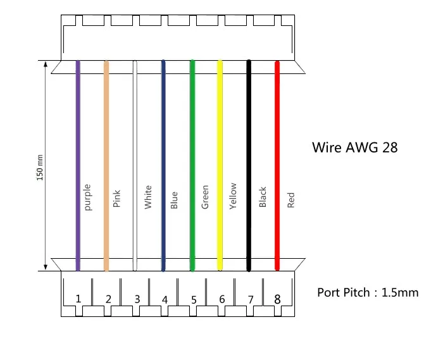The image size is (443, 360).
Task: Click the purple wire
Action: [x=78, y=166]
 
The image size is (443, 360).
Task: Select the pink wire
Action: [x=106, y=166]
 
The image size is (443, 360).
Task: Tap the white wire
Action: [x=135, y=166]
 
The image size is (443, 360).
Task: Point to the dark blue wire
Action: [x=163, y=166]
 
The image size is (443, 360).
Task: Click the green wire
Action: [x=192, y=166]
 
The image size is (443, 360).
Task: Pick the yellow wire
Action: [x=220, y=166]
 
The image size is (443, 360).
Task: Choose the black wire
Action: [x=249, y=166]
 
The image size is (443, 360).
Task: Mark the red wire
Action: [x=277, y=166]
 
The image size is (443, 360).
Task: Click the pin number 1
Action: [x=78, y=299]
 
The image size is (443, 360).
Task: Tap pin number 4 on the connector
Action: [x=165, y=299]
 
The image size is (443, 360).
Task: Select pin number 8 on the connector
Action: [x=277, y=299]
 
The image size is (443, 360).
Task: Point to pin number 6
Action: [x=222, y=299]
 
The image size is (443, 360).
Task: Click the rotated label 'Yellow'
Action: [x=233, y=196]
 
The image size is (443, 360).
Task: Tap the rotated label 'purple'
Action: [x=88, y=197]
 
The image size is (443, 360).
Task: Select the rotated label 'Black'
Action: [x=263, y=197]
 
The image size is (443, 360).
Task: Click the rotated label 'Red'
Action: [x=290, y=200]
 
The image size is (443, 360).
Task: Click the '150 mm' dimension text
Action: [x=40, y=168]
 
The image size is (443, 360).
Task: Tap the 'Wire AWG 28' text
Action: [x=355, y=147]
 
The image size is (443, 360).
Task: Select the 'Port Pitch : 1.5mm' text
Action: [x=368, y=292]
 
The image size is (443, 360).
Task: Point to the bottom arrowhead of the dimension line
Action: [x=46, y=268]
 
